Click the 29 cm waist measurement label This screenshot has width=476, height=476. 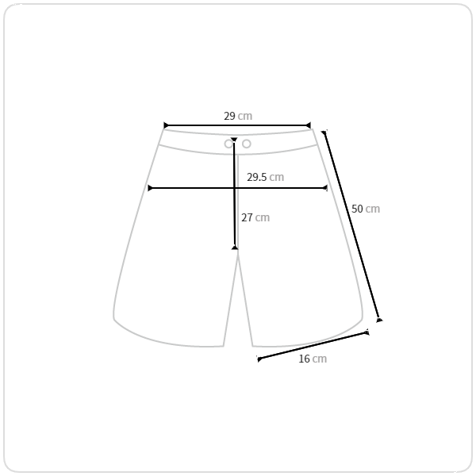pyautogui.click(x=238, y=116)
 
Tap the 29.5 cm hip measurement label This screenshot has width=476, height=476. pyautogui.click(x=265, y=177)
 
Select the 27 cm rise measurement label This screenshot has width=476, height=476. pyautogui.click(x=255, y=217)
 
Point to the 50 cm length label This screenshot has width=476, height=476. pyautogui.click(x=366, y=209)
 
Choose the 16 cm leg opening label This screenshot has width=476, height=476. pyautogui.click(x=313, y=359)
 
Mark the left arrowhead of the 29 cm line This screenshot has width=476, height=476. pyautogui.click(x=166, y=125)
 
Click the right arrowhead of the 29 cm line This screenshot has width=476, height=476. pyautogui.click(x=309, y=125)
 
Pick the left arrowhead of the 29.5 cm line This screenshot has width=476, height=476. pyautogui.click(x=150, y=188)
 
